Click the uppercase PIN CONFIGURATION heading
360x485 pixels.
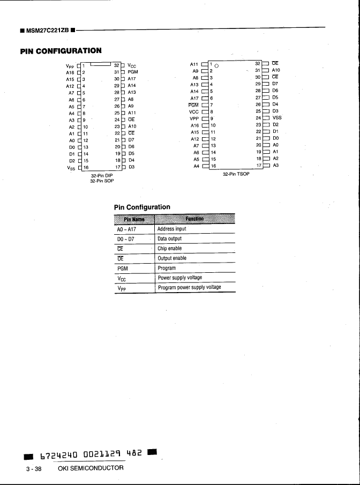[61, 51]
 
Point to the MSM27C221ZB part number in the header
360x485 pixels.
[48, 29]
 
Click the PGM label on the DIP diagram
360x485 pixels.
[133, 72]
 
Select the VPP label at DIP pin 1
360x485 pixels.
[70, 65]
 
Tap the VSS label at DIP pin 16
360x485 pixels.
[69, 167]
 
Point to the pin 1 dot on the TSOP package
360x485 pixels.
[216, 65]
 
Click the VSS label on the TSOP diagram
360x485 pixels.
[277, 118]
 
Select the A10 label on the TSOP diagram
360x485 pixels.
[276, 70]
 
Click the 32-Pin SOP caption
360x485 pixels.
[102, 181]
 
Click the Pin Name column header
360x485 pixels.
[133, 219]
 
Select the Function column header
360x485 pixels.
[194, 219]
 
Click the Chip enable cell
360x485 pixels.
[169, 249]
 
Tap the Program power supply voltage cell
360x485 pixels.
[189, 288]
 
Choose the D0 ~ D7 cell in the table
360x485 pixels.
[126, 238]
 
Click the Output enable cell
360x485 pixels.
[172, 258]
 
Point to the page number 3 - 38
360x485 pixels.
[34, 469]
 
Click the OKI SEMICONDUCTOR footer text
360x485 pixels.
[90, 468]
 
